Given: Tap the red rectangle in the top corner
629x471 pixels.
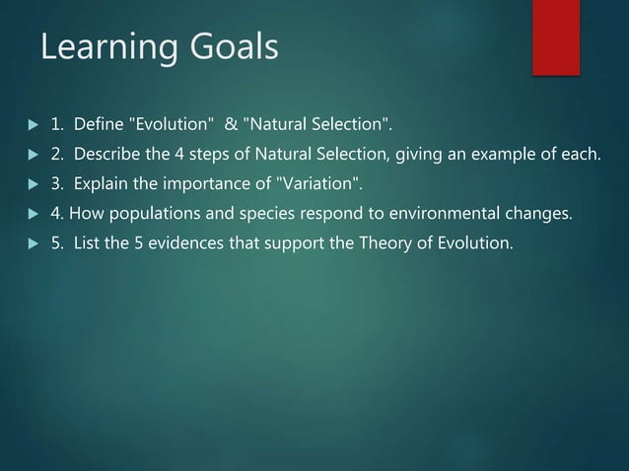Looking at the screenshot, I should [556, 36].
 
